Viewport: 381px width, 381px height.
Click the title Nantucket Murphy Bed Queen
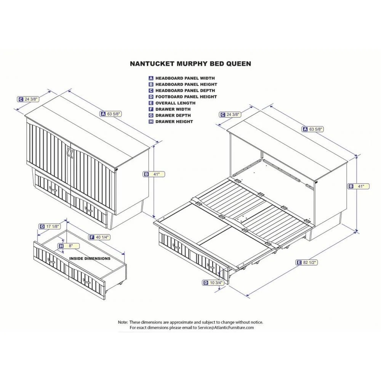tap(190, 64)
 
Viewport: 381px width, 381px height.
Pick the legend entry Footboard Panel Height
tap(186, 97)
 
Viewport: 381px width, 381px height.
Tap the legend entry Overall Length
tap(175, 103)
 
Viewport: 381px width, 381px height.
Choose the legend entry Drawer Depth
tap(173, 115)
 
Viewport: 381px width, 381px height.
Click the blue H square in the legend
tap(151, 122)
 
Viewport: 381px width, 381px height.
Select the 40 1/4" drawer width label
tap(99, 237)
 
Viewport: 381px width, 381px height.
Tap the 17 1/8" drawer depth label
tap(50, 226)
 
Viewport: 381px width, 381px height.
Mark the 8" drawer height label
tap(69, 246)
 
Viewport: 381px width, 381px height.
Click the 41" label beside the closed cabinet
tap(154, 174)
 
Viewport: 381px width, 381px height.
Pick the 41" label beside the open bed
tap(359, 186)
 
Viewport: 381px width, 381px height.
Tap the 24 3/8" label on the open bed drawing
tap(231, 114)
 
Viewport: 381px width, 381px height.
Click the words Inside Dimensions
tap(90, 258)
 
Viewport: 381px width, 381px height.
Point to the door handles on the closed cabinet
tap(69, 152)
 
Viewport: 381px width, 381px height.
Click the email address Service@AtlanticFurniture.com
tap(226, 327)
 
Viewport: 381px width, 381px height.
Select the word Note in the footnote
tap(123, 322)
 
